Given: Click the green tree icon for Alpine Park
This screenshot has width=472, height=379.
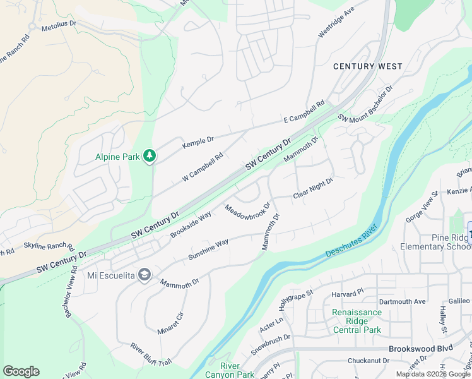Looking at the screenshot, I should tap(149, 155).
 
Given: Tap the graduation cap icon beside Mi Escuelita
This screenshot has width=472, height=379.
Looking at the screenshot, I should tap(145, 274).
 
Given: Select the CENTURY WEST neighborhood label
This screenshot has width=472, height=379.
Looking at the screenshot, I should tap(367, 66).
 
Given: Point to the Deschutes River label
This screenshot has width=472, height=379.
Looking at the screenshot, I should tap(351, 240).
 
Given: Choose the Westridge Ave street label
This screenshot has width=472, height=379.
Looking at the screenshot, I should tap(336, 24).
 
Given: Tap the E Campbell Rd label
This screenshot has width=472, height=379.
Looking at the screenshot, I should tap(304, 111).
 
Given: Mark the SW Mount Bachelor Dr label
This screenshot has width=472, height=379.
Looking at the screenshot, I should tap(365, 102).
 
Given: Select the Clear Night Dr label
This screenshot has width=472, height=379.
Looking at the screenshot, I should tap(312, 188).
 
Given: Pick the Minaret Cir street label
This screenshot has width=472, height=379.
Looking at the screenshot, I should tap(170, 322).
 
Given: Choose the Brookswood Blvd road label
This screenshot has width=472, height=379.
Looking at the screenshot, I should tap(421, 348).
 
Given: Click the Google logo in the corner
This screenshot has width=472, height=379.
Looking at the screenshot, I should tap(21, 371).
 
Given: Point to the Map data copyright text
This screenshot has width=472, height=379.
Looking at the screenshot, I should tap(433, 374).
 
